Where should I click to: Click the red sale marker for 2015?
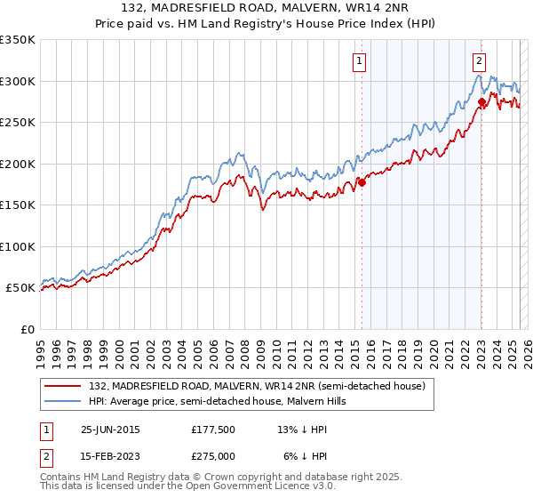click(362, 182)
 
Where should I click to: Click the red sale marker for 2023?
click(481, 102)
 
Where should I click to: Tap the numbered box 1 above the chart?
click(360, 61)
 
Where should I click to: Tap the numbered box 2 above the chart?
click(479, 61)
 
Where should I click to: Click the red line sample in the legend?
click(63, 386)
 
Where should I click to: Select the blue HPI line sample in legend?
click(63, 401)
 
